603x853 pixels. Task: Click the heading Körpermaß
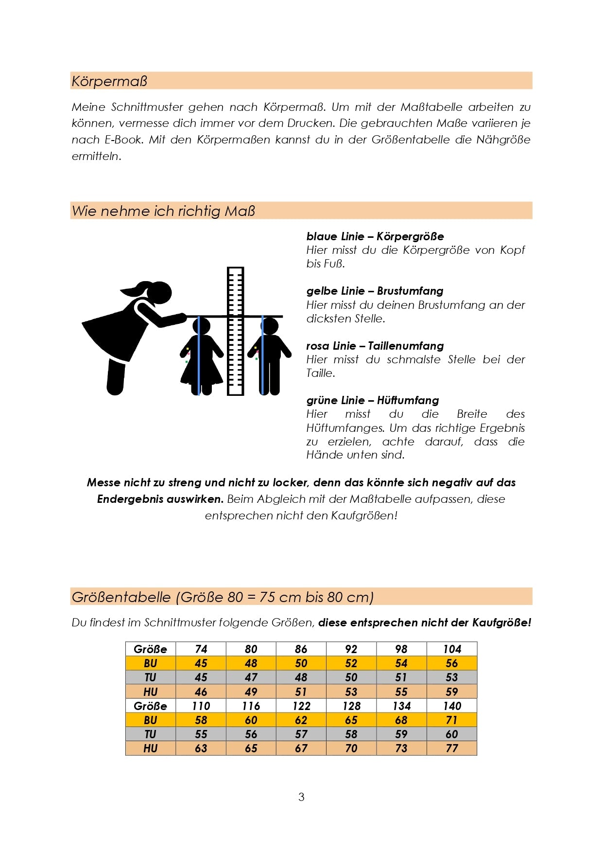[109, 81]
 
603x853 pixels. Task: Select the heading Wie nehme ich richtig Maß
[163, 211]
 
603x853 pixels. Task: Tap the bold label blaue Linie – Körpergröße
[375, 237]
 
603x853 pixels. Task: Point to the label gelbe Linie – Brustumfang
[375, 291]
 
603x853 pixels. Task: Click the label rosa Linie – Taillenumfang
[375, 346]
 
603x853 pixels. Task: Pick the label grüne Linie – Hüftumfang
[372, 400]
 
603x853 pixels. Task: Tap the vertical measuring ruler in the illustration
[236, 331]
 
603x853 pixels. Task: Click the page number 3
[301, 797]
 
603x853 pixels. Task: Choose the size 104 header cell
[452, 649]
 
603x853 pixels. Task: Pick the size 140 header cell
[452, 706]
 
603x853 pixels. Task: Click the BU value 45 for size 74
[201, 663]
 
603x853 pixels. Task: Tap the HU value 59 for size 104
[452, 692]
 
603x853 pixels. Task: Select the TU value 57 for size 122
[301, 734]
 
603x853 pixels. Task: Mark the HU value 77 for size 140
[452, 748]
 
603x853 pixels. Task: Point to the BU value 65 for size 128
[351, 720]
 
